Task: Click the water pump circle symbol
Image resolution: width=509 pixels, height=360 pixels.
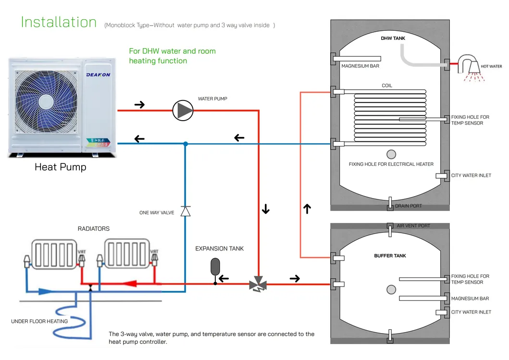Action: pyautogui.click(x=183, y=111)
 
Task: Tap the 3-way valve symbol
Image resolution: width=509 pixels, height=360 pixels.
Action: pyautogui.click(x=258, y=284)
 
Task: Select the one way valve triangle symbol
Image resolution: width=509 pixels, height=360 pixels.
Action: pyautogui.click(x=186, y=211)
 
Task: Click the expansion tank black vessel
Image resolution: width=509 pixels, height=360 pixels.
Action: pyautogui.click(x=215, y=266)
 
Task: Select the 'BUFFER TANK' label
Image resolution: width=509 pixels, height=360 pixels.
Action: pyautogui.click(x=390, y=256)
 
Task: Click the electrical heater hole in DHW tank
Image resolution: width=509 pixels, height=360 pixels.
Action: pyautogui.click(x=391, y=154)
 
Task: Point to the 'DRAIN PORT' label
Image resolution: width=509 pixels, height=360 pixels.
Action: pyautogui.click(x=408, y=206)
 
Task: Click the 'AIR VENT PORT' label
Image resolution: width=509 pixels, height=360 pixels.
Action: pyautogui.click(x=413, y=225)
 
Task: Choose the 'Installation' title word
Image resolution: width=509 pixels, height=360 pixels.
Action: pyautogui.click(x=59, y=22)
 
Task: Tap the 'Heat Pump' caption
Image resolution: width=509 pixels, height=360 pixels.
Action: pyautogui.click(x=61, y=167)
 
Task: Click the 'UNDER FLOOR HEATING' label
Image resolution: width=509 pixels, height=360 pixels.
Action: pyautogui.click(x=39, y=321)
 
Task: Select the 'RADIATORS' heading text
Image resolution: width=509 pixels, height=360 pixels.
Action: pyautogui.click(x=94, y=229)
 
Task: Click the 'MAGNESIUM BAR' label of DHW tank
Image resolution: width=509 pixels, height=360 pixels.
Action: pyautogui.click(x=360, y=66)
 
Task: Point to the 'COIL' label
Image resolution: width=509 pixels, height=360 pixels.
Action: pyautogui.click(x=386, y=86)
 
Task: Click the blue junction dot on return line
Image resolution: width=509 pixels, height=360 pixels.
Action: pyautogui.click(x=186, y=143)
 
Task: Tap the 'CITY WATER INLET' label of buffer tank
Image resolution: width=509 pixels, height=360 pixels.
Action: pyautogui.click(x=471, y=312)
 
